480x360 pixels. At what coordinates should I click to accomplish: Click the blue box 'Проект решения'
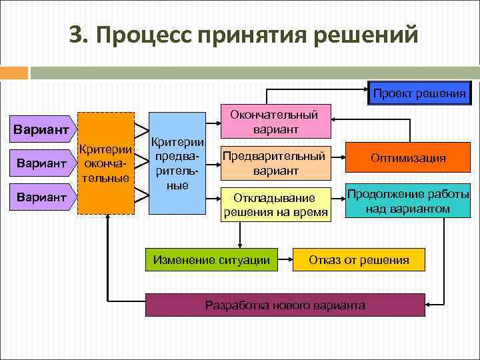[419, 93]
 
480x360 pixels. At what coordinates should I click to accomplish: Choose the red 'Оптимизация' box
[409, 159]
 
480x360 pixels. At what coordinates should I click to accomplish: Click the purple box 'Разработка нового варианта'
[285, 305]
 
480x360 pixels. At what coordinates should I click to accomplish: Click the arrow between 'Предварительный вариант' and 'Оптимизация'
[339, 159]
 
